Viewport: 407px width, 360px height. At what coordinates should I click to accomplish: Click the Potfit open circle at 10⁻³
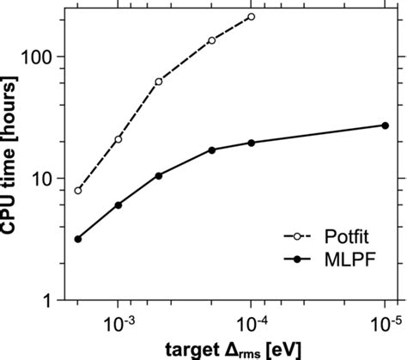(118, 139)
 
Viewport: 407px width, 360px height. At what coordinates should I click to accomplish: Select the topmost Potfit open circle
(251, 16)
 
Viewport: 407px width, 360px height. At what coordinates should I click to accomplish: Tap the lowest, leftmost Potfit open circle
(78, 190)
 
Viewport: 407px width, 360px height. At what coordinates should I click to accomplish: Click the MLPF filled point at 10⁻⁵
(385, 125)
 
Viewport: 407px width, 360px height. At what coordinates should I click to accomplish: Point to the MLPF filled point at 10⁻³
(118, 205)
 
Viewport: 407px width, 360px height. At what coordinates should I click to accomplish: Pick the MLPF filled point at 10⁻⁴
(252, 143)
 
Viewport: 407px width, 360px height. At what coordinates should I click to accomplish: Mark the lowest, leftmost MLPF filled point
(78, 239)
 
